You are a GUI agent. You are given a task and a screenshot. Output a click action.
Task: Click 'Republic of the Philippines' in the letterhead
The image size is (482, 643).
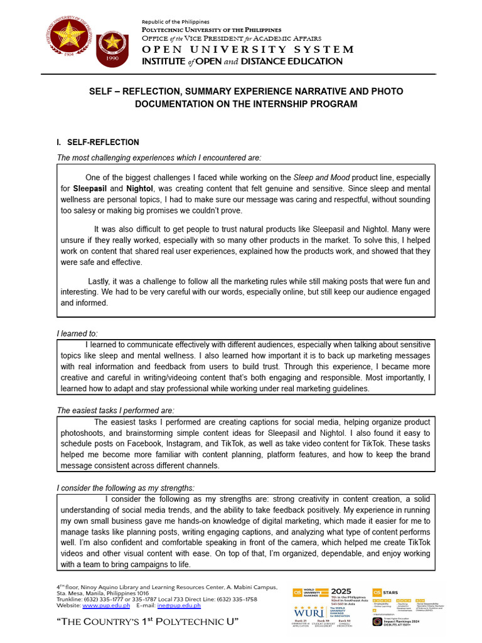pos(176,22)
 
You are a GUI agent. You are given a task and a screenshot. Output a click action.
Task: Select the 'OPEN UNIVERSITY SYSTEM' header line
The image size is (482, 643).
pos(248,49)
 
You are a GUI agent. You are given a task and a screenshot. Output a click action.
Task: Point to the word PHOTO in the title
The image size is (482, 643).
pos(383,92)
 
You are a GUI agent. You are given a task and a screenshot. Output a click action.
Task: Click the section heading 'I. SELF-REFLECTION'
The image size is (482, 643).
pos(98,143)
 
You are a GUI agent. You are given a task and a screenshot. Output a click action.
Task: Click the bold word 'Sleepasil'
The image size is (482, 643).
pos(90,188)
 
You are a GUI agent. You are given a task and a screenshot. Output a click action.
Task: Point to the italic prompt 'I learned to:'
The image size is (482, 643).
pos(77,333)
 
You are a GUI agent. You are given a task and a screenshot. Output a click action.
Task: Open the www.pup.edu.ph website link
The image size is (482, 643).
pos(106,605)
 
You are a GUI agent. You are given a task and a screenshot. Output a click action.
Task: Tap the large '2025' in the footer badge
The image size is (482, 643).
pos(341,591)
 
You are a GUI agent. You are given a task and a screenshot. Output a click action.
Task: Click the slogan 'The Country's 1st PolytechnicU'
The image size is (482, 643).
pos(147,622)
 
